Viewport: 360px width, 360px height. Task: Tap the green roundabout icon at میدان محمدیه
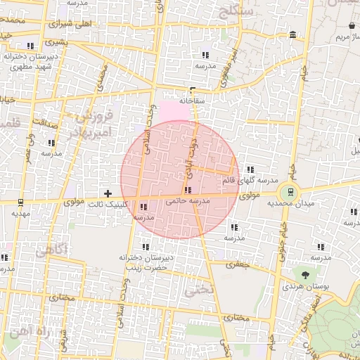point(287,191)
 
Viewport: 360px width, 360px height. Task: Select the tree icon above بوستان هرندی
point(305,276)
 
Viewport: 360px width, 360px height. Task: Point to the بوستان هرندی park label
point(302,287)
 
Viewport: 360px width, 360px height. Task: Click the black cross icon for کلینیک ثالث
point(108,193)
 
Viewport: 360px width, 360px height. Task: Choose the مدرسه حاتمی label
point(188,201)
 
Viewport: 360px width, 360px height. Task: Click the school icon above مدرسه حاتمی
point(187,190)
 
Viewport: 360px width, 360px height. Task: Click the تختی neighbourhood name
point(198,289)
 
